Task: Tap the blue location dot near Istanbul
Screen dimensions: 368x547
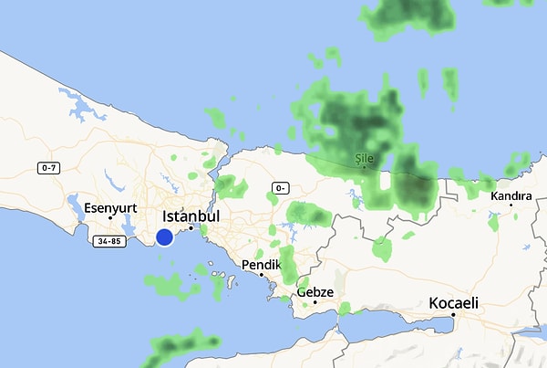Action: coord(164,237)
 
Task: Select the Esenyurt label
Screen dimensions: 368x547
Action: coord(110,207)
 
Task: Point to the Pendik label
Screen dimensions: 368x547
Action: coord(261,265)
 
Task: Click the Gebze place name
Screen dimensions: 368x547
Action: coord(315,292)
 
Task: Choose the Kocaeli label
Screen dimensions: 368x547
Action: coord(454,303)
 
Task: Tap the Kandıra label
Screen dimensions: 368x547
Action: coord(511,196)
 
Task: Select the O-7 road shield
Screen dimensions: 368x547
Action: coord(49,168)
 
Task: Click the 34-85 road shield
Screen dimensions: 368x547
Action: coord(108,241)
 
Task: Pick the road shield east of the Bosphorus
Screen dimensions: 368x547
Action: coord(277,188)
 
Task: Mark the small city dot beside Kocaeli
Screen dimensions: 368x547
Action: coord(454,316)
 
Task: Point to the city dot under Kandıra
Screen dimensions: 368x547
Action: coord(511,205)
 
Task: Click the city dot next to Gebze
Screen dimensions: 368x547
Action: coord(315,301)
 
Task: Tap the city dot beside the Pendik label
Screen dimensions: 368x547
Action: coord(261,275)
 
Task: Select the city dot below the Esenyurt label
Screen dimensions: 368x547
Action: coord(110,217)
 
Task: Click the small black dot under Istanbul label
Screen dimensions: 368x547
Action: coord(191,227)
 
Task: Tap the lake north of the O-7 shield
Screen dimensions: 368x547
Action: coord(83,111)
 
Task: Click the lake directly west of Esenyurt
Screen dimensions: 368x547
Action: coord(73,199)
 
